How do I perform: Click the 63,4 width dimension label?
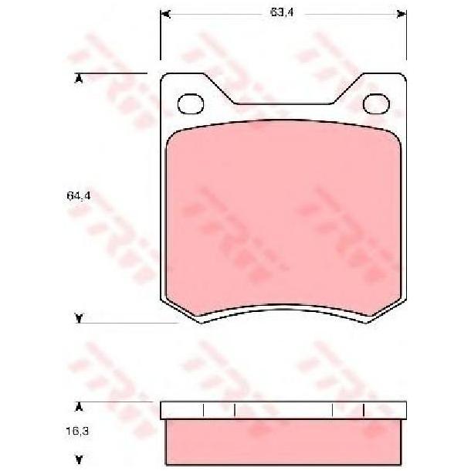[x=282, y=12]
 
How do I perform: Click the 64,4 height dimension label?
[x=79, y=196]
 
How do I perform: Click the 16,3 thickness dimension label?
[x=77, y=432]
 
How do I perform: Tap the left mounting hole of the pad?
[x=191, y=103]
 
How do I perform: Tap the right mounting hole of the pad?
[x=376, y=103]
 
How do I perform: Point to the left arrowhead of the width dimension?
[x=165, y=14]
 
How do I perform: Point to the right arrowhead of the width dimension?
[x=402, y=14]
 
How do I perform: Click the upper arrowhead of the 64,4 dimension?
[x=79, y=79]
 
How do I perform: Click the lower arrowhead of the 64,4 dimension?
[x=79, y=318]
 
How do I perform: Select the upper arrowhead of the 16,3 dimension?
[x=79, y=407]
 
